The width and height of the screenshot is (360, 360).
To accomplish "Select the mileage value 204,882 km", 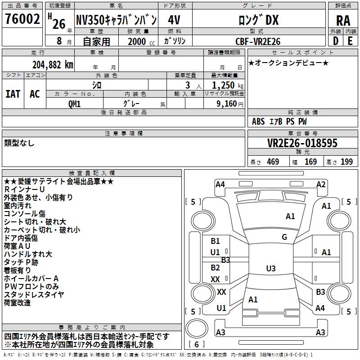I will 53,64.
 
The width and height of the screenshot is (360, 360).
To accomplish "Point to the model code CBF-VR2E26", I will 258,41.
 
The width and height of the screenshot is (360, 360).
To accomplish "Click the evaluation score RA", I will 343,21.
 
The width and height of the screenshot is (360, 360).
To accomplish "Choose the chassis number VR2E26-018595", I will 302,143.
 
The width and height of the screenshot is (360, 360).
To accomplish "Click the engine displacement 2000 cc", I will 137,41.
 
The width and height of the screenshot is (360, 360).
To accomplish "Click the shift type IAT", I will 13,94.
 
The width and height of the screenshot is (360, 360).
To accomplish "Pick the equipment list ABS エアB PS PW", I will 279,121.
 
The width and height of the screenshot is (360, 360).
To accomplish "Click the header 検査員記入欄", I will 92,173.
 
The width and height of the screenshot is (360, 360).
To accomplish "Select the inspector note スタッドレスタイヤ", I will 34,295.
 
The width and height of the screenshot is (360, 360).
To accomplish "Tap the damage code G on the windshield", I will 284,237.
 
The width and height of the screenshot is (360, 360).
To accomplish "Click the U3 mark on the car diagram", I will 270,269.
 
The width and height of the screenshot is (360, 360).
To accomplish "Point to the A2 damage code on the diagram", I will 321,184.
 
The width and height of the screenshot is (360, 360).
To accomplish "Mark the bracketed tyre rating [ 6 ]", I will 197,344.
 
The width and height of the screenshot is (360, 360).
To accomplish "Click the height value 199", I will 346,162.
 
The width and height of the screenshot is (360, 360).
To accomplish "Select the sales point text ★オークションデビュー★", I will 288,63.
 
